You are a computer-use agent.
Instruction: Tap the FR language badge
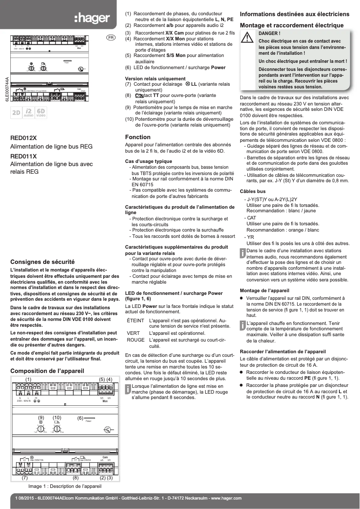tap(110, 37)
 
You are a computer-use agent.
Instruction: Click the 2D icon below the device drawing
tap(16, 113)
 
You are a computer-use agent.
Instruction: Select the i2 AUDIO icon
tap(28, 113)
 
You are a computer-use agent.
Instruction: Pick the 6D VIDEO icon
tap(41, 113)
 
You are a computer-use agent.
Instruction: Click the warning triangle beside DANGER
tap(247, 39)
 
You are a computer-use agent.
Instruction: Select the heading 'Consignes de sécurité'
tap(42, 261)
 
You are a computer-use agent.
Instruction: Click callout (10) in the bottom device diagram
tap(57, 418)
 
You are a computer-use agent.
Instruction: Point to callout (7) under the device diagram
tap(25, 478)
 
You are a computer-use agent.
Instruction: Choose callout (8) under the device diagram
tap(75, 478)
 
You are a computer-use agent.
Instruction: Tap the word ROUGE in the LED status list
tap(136, 340)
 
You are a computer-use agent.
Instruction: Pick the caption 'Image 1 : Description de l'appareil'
tap(65, 486)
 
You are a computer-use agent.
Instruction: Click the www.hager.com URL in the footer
tap(226, 498)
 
